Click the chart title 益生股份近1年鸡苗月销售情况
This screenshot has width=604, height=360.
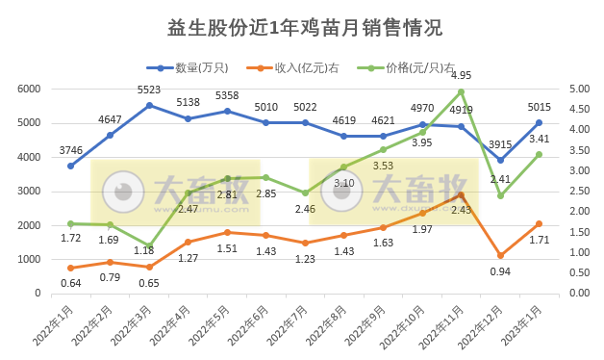coord(303,28)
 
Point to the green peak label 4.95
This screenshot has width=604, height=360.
coord(461,75)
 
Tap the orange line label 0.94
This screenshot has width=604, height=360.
coord(500,271)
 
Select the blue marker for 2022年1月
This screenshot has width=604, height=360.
coord(70,166)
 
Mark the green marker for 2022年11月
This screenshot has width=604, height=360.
coord(461,91)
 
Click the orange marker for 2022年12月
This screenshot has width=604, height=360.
coord(500,255)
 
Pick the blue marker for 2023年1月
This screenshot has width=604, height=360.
coord(539,122)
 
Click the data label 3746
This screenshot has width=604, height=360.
coord(70,150)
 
